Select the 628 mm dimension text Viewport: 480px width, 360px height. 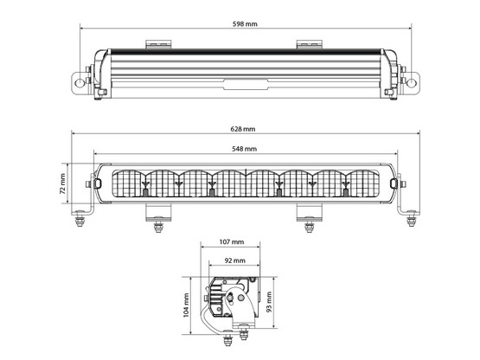point(243,129)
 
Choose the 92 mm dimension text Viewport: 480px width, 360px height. point(232,260)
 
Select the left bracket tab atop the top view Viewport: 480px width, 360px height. point(157,43)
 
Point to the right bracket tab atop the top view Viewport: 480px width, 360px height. point(309,43)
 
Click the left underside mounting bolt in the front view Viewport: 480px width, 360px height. point(157,226)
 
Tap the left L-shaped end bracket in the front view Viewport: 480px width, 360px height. point(87,208)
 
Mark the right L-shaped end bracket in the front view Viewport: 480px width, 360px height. point(404,208)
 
